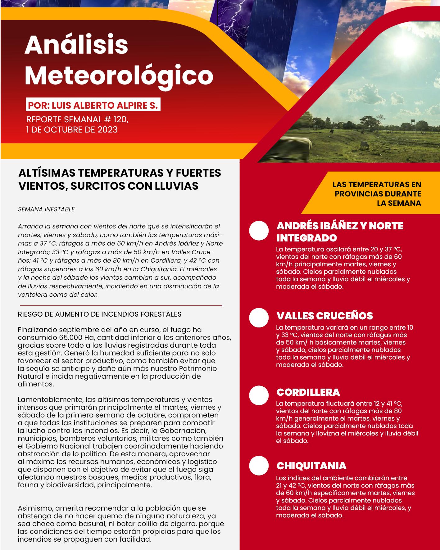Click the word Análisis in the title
point(76,45)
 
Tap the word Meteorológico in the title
point(119,75)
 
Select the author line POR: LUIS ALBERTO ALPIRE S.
point(93,105)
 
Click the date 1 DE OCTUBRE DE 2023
point(72,129)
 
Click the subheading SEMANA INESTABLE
point(46,209)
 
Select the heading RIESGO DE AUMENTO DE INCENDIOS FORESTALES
point(100,314)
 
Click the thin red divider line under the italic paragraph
point(121,305)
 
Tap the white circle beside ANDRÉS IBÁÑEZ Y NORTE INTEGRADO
point(259,231)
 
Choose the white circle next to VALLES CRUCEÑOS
point(259,318)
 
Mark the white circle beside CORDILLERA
point(259,395)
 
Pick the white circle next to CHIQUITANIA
point(259,466)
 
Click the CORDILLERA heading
point(308,392)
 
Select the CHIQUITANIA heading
point(311,466)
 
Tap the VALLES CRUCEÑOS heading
point(324,316)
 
